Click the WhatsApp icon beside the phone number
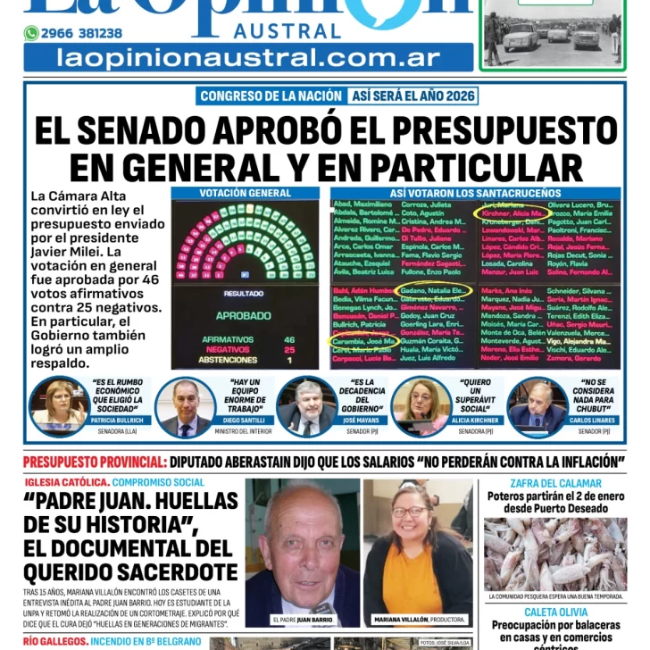[31, 33]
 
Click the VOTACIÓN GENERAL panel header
[245, 193]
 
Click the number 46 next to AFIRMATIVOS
[289, 339]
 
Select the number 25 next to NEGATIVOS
[289, 350]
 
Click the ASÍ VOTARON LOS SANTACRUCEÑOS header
[475, 193]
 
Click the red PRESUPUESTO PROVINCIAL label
[94, 462]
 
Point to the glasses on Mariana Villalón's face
[411, 513]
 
